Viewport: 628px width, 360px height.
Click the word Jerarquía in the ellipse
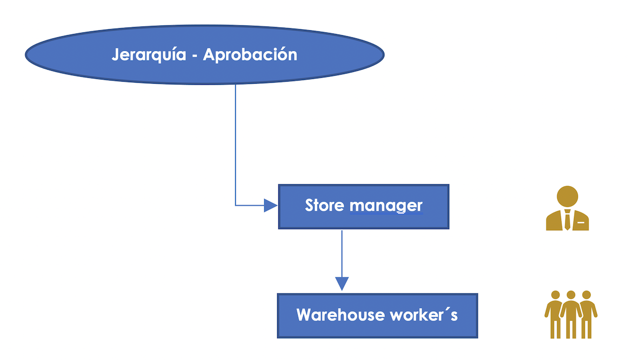pyautogui.click(x=149, y=55)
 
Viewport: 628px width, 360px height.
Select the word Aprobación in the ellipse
pyautogui.click(x=250, y=54)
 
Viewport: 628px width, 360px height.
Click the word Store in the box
pyautogui.click(x=324, y=205)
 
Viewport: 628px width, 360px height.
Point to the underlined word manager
pyautogui.click(x=386, y=206)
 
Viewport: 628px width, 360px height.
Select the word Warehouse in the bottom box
pyautogui.click(x=340, y=315)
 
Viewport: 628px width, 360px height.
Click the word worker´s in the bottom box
pyautogui.click(x=424, y=315)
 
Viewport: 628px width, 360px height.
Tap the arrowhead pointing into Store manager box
pyautogui.click(x=271, y=205)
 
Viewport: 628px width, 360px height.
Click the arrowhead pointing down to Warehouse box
pyautogui.click(x=342, y=284)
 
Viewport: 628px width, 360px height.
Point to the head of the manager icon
pyautogui.click(x=567, y=196)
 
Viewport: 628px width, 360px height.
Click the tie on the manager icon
pyautogui.click(x=567, y=220)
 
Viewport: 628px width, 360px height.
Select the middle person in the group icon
pyautogui.click(x=571, y=315)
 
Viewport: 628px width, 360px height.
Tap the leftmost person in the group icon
pyautogui.click(x=554, y=315)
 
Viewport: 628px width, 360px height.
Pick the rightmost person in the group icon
pyautogui.click(x=587, y=315)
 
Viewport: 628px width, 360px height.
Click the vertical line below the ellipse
pyautogui.click(x=236, y=144)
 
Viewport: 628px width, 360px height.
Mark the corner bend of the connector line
pyautogui.click(x=236, y=205)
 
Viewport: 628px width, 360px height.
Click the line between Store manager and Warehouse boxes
pyautogui.click(x=342, y=254)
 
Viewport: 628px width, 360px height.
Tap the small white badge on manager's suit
pyautogui.click(x=581, y=222)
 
